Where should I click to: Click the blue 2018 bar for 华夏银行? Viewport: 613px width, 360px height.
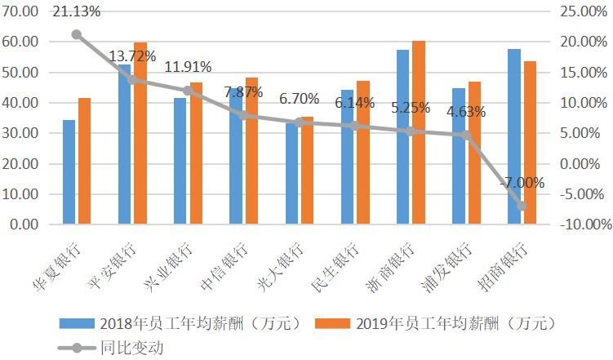pyautogui.click(x=69, y=172)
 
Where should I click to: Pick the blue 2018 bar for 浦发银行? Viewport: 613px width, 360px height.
pyautogui.click(x=459, y=156)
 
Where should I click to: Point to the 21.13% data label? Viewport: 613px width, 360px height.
pyautogui.click(x=76, y=11)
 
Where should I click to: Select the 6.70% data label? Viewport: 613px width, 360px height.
pyautogui.click(x=300, y=99)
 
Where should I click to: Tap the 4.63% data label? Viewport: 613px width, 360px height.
pyautogui.click(x=467, y=112)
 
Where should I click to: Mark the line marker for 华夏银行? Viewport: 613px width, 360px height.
pyautogui.click(x=77, y=34)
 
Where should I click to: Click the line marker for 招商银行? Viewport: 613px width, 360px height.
pyautogui.click(x=522, y=206)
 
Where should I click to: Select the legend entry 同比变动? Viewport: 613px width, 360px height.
pyautogui.click(x=131, y=347)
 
